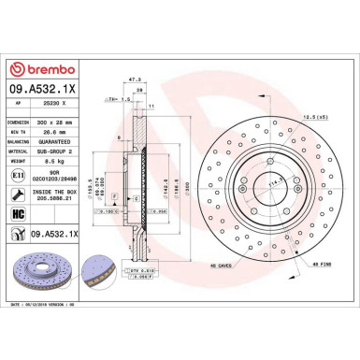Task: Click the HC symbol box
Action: click(x=19, y=215)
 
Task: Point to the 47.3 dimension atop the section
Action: click(x=136, y=81)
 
